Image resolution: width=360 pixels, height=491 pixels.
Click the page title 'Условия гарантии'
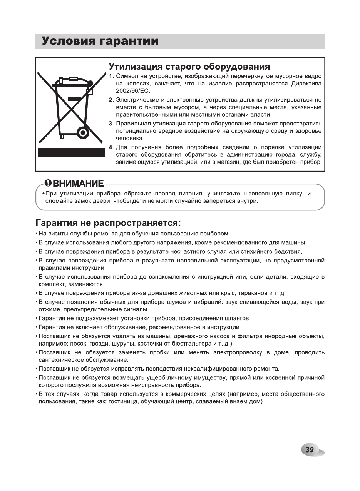[100, 42]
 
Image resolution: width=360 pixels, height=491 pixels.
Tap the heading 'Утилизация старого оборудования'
[189, 67]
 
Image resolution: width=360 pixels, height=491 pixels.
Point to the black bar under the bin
[71, 152]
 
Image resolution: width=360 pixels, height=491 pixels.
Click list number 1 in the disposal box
[111, 76]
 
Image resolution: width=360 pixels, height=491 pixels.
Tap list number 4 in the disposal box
[111, 147]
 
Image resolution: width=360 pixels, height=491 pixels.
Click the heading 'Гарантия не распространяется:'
[108, 223]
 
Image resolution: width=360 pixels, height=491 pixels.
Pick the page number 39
[310, 449]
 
